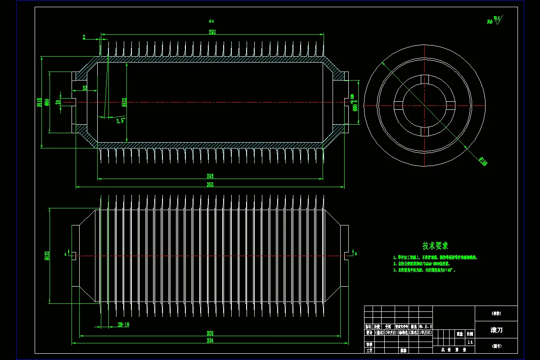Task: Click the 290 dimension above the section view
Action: coord(212,32)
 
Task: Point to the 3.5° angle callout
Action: coord(120,120)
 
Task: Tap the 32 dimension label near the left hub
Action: coord(85,88)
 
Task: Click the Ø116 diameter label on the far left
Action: coord(39,103)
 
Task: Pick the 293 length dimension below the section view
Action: coord(210,176)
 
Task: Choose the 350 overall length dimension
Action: coord(210,184)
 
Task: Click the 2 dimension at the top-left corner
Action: coord(84,37)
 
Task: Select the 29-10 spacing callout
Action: coord(123,324)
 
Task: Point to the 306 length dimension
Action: coord(210,333)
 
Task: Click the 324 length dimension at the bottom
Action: coord(210,342)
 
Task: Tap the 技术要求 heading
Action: coord(435,246)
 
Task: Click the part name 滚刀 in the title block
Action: coord(496,330)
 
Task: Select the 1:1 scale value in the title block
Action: coord(470,342)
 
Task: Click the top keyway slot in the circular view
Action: coord(424,80)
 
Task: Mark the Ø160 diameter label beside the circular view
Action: coord(482,161)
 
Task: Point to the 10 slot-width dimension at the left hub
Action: coord(58,102)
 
